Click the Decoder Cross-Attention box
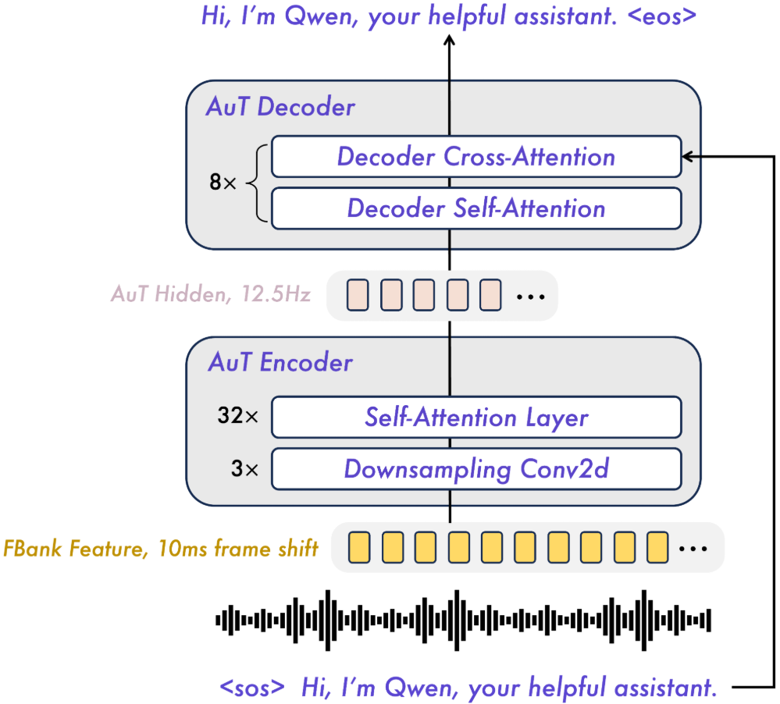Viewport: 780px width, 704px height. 475,157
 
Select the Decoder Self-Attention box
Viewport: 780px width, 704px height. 475,208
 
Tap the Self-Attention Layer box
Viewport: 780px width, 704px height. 475,418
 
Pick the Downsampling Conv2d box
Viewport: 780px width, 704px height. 475,469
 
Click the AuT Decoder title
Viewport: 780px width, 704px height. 280,107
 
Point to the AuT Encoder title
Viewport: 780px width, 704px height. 280,362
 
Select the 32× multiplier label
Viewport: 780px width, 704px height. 237,418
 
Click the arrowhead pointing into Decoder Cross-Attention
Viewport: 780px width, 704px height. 687,158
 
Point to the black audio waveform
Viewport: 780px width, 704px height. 464,620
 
